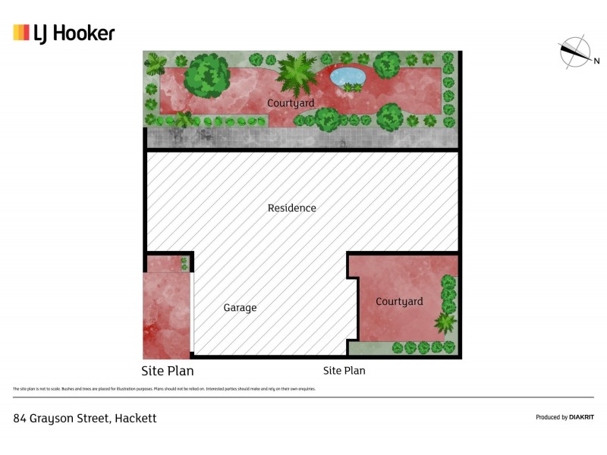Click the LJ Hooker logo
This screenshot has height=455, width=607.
coord(64,33)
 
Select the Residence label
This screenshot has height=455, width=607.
coord(292,208)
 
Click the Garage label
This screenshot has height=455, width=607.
coord(240,308)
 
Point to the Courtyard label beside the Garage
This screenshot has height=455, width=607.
coord(399,302)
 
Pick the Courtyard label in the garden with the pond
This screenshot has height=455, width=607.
coord(291,103)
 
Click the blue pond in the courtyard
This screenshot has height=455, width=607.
coord(348,76)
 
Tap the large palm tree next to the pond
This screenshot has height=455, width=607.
coord(297,74)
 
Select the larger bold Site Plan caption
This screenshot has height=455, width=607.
coord(168,371)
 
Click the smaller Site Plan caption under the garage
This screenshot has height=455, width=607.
coord(344,371)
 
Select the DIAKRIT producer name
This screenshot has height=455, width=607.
coord(580,417)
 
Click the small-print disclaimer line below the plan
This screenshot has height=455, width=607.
coord(163,389)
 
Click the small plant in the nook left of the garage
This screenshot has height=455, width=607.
coord(184,263)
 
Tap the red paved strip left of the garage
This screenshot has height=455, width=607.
coord(165,315)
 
